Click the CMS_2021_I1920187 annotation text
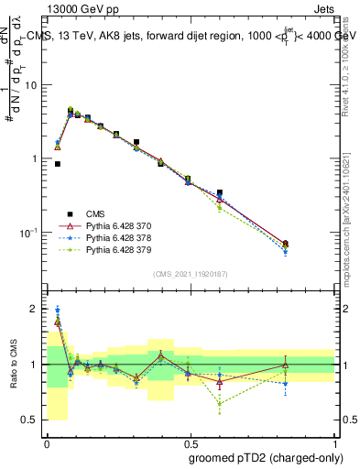pos(190,274)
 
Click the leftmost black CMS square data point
pos(58,164)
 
